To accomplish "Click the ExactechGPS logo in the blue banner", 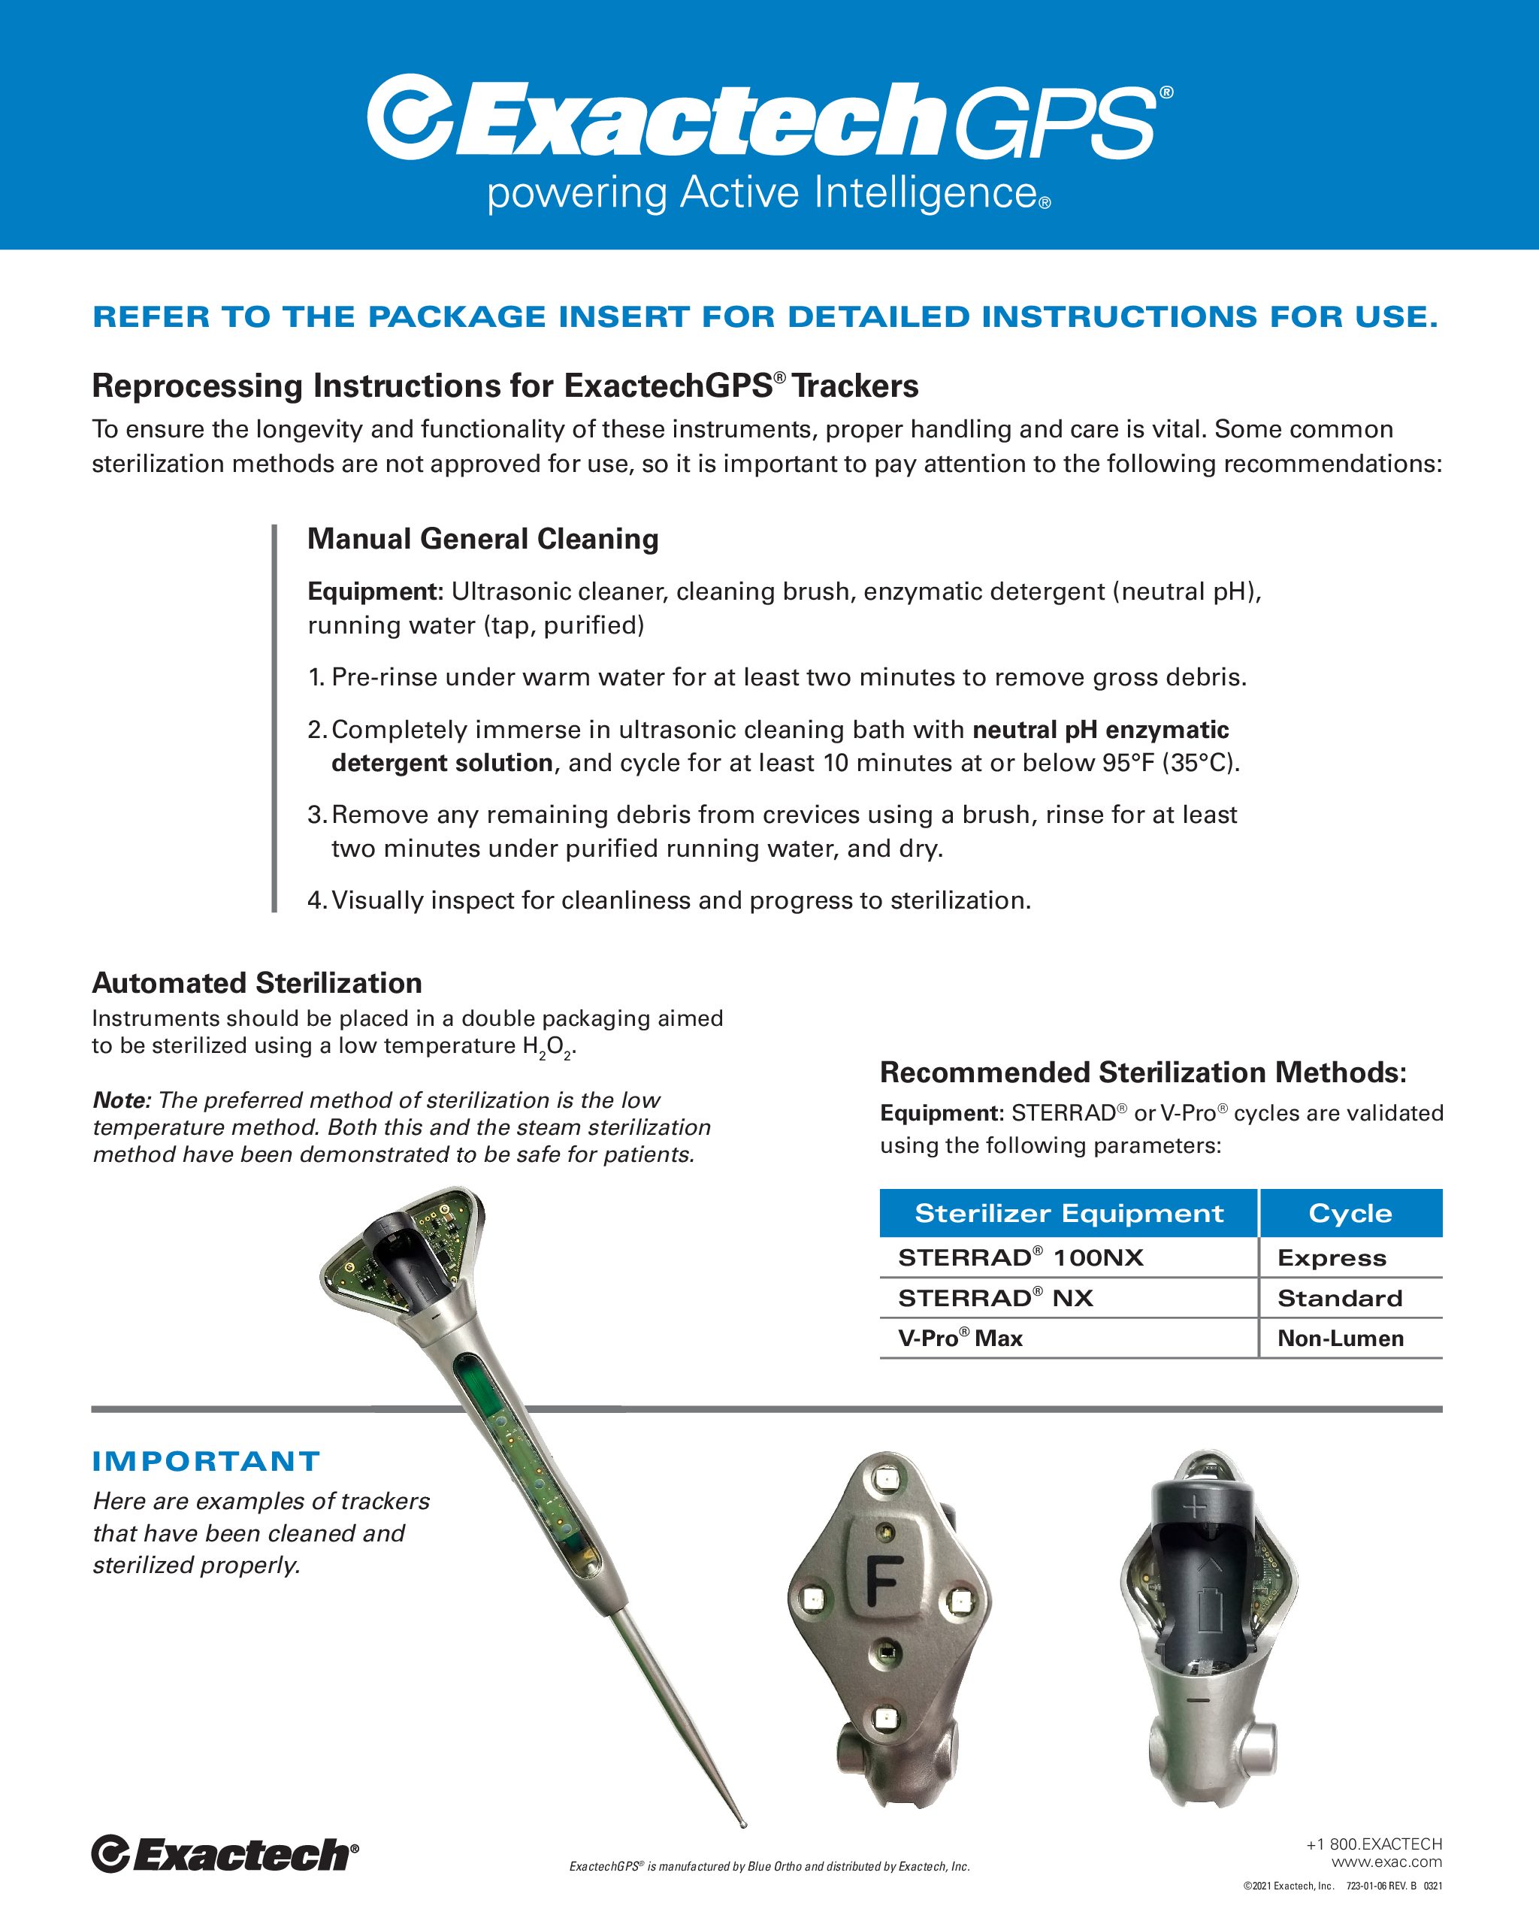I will point(769,119).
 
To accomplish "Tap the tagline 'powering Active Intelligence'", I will point(769,194).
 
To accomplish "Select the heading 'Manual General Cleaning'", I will point(482,539).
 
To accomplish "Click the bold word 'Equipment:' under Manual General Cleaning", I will point(375,591).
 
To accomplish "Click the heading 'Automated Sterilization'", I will point(257,982).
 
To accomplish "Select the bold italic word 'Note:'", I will point(122,1100).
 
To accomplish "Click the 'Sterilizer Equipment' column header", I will point(1069,1214).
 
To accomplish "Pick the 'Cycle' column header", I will point(1350,1214).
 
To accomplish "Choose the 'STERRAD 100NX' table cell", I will point(1020,1258).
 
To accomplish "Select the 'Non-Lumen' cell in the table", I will point(1340,1339).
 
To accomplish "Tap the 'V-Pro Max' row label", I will point(960,1339).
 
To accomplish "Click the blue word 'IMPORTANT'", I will point(206,1462).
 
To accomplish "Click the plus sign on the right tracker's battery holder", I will point(1194,1509).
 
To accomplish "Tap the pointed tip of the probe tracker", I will point(743,1825).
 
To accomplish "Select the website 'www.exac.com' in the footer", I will point(1386,1862).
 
